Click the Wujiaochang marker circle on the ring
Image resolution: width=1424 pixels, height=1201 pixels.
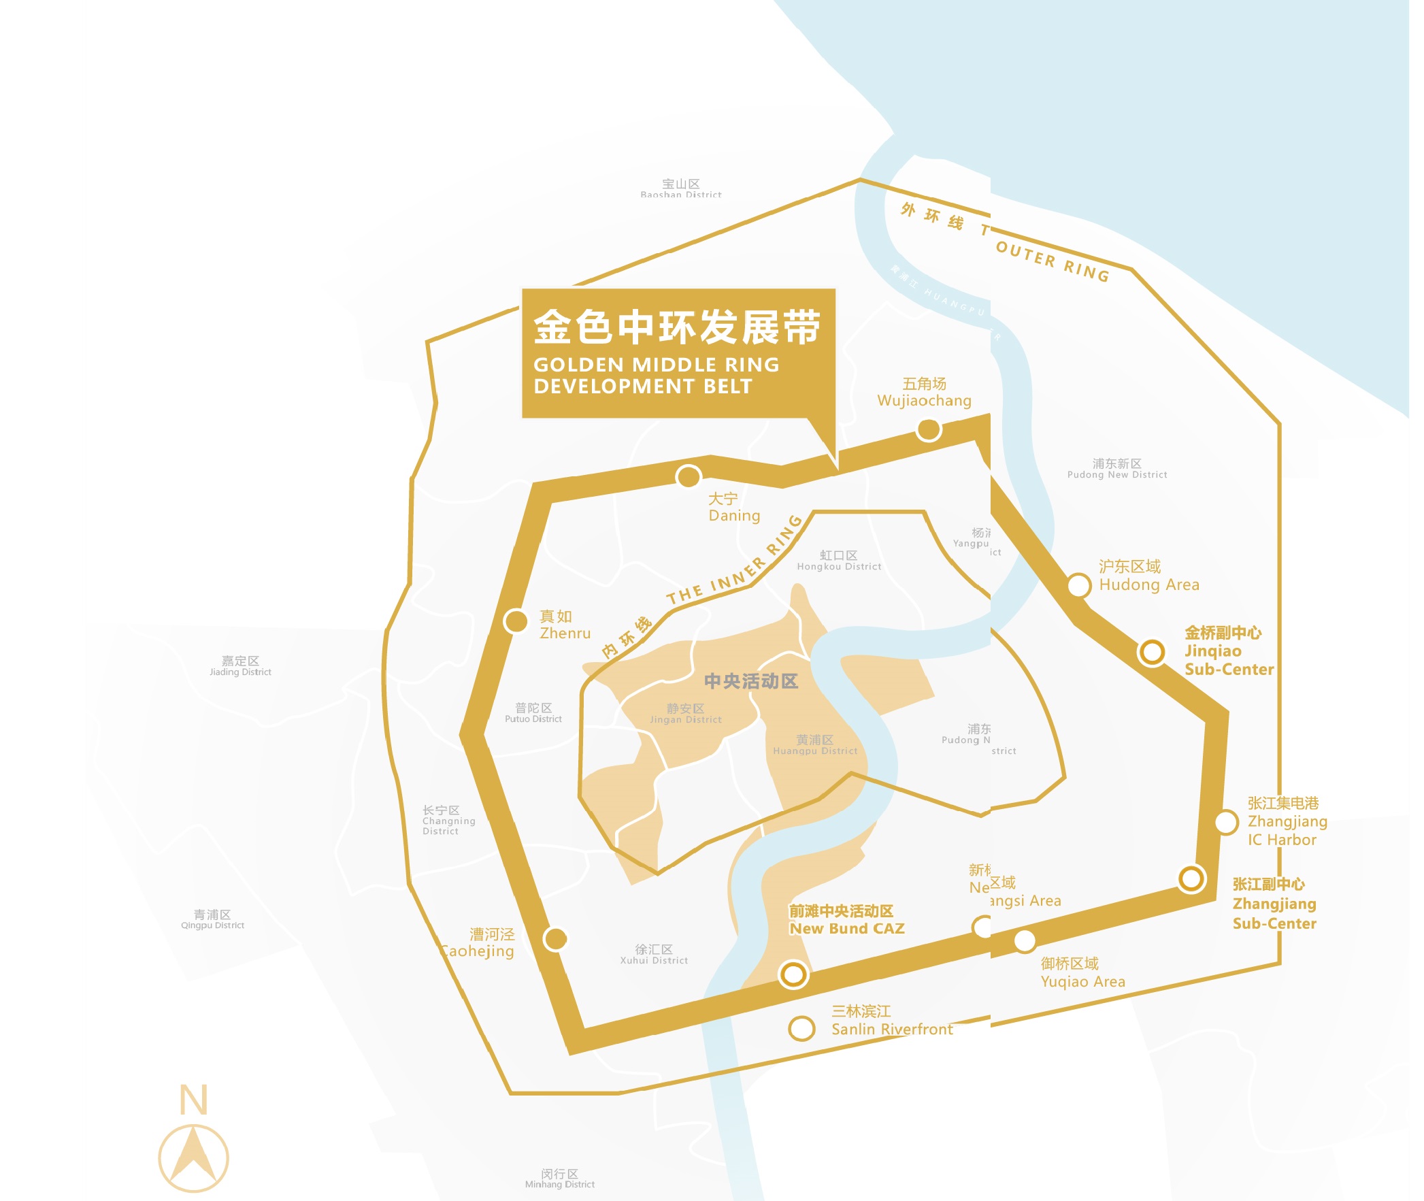click(x=929, y=429)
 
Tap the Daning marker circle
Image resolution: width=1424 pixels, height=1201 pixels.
click(x=688, y=476)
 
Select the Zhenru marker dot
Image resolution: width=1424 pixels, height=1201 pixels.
click(x=516, y=621)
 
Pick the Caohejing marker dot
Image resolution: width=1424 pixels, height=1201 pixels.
click(x=555, y=939)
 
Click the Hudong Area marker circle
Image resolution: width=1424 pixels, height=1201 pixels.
click(x=1079, y=585)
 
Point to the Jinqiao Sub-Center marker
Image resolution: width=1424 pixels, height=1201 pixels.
click(x=1152, y=652)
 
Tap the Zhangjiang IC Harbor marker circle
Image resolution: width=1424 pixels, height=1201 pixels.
click(x=1226, y=823)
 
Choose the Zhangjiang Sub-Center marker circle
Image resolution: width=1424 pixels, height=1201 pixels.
click(x=1191, y=878)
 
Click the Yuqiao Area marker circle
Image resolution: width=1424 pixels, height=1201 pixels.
click(x=1025, y=941)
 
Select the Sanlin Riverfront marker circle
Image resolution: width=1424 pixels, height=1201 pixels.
click(x=801, y=1028)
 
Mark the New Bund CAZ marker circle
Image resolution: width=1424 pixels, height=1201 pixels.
click(x=793, y=974)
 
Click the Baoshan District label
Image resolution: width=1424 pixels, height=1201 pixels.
click(x=680, y=188)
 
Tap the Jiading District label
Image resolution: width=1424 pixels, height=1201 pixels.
click(x=240, y=666)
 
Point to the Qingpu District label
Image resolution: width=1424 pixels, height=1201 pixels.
click(x=212, y=919)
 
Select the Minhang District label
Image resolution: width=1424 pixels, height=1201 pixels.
click(x=559, y=1179)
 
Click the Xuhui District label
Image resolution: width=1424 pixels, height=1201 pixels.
click(x=653, y=954)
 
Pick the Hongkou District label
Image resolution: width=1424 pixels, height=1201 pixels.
click(x=839, y=560)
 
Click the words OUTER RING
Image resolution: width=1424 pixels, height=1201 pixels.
click(x=1053, y=261)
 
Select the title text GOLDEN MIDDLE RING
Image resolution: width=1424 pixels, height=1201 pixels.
click(x=655, y=365)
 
